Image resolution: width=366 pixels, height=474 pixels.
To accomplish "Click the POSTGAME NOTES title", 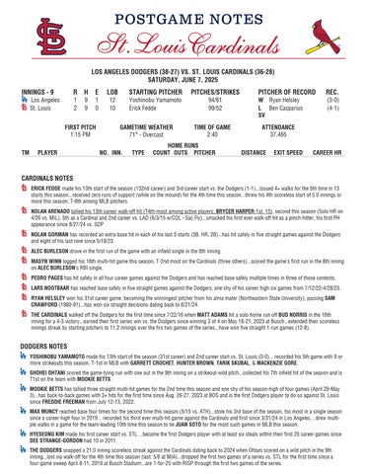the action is [x=183, y=19].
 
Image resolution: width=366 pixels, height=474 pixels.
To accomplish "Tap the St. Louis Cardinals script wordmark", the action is [x=183, y=45].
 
